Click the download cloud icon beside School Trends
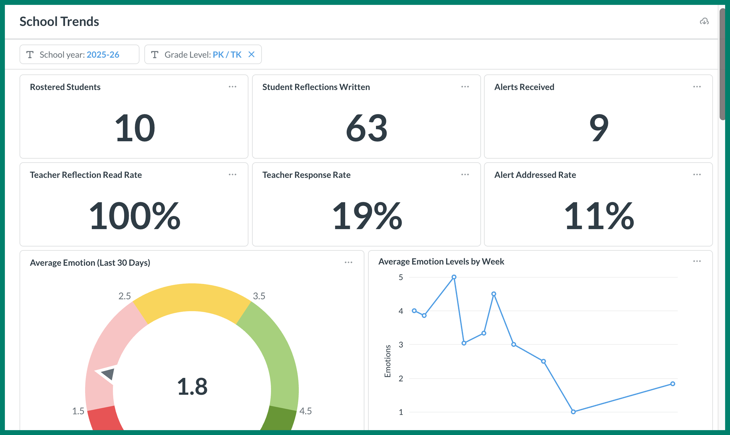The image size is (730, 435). point(704,21)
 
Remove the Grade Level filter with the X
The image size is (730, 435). point(251,54)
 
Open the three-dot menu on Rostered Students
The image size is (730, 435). point(233,87)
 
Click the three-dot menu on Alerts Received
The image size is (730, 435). point(697,87)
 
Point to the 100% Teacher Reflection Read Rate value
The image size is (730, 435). point(134,216)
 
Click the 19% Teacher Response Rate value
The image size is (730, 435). point(367,216)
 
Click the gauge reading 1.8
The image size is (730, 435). point(192,386)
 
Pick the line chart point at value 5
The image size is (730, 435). point(454,277)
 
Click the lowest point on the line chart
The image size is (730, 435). point(573,412)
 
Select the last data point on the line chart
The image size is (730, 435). point(673,384)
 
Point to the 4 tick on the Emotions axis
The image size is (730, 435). point(401,311)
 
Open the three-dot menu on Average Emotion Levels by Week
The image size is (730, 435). point(697,261)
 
